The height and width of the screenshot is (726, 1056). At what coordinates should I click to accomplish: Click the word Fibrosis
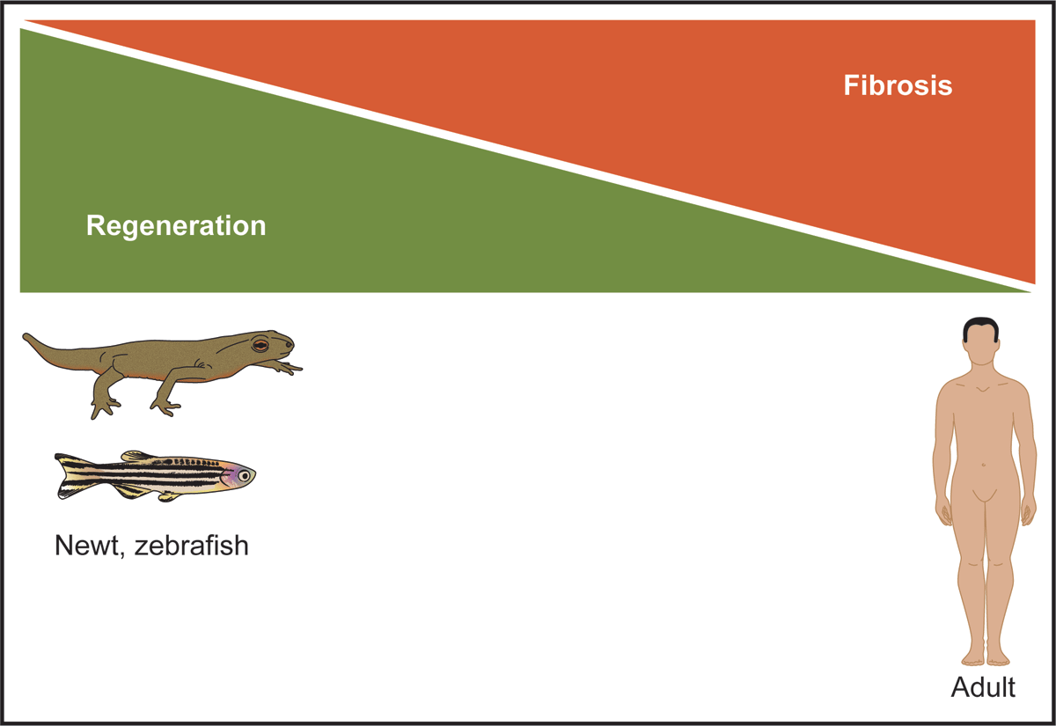898,85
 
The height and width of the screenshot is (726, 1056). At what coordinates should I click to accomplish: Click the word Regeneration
176,226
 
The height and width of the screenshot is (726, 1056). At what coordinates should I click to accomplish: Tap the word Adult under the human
983,687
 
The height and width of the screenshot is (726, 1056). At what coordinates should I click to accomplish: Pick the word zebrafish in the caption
192,546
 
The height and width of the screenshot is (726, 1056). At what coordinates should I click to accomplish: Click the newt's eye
260,345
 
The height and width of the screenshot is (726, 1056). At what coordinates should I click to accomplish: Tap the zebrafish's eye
244,476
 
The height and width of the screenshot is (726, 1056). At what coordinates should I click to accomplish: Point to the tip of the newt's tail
25,335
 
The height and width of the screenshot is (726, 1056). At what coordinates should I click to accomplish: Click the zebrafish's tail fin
70,476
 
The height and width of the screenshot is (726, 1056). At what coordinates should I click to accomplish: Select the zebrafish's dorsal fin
136,456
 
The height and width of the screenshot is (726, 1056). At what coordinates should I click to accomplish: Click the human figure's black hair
980,327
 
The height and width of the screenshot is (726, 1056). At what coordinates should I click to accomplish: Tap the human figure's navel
984,465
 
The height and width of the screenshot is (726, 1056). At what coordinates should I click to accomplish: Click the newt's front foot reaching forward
288,367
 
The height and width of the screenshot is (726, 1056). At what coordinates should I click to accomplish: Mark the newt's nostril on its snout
289,345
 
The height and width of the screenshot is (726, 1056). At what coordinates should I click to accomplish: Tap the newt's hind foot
105,407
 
